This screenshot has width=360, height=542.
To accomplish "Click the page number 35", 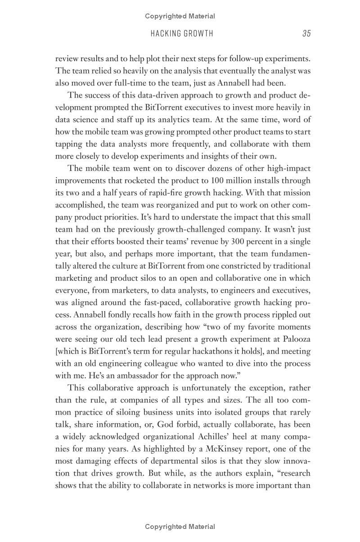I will (x=306, y=33).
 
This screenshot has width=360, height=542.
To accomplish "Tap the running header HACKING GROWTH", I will (x=182, y=33).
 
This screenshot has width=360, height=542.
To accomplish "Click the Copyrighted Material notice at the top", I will (x=180, y=16).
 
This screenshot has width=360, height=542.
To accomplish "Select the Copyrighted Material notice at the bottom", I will (x=180, y=527).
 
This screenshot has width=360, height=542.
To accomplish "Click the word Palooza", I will (x=296, y=339).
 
